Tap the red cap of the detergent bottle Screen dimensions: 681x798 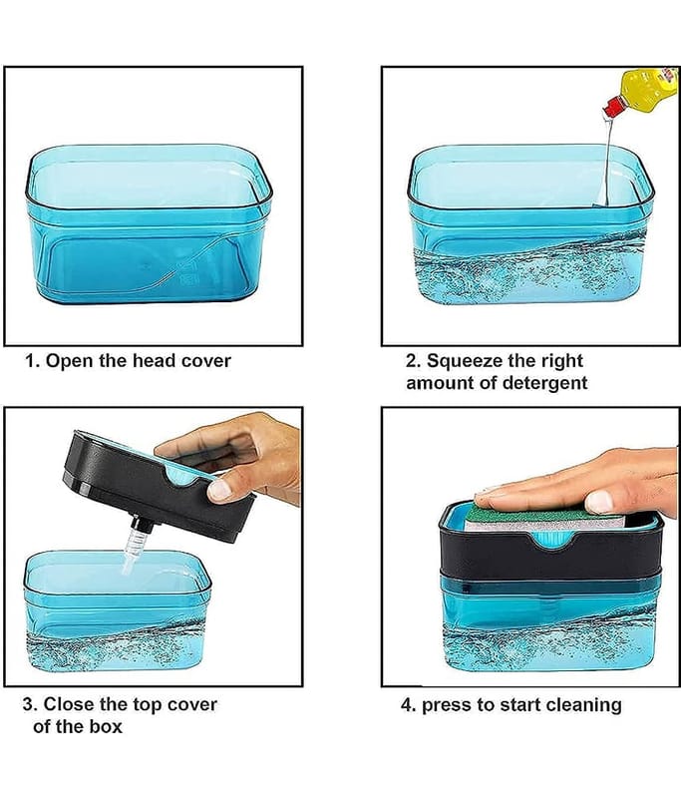tap(613, 106)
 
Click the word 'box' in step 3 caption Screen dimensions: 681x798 tap(107, 727)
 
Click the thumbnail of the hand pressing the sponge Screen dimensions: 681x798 tap(599, 502)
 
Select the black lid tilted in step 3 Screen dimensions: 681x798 tap(159, 486)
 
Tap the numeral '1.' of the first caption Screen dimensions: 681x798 tap(32, 361)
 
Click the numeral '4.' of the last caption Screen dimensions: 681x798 tap(409, 705)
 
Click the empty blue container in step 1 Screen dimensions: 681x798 tap(148, 223)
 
